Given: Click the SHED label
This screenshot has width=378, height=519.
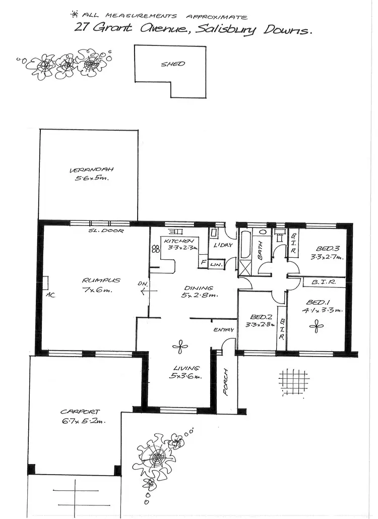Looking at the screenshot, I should point(173,64).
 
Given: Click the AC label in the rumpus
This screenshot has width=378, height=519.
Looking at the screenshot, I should point(49,294).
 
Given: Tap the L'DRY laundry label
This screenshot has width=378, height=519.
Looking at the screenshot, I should point(222,245).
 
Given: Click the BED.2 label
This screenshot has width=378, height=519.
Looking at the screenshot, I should point(256,318).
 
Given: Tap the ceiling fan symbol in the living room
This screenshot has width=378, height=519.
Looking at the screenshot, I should point(178,345).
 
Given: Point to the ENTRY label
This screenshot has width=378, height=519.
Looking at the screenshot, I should point(224,330).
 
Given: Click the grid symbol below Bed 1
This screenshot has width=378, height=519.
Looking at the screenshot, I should point(292,379).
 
